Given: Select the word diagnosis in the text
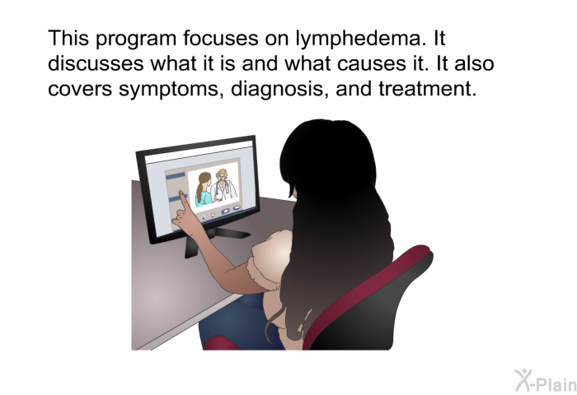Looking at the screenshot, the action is point(279,90).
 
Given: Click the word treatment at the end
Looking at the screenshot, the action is point(427,89).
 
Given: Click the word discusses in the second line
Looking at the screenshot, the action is point(96,63).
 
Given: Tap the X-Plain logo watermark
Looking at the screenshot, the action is point(546,381).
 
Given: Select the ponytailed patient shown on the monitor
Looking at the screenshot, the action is point(203,189).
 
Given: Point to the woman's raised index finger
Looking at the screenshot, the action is point(183,199).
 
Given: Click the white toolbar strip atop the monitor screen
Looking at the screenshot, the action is point(199,151).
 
